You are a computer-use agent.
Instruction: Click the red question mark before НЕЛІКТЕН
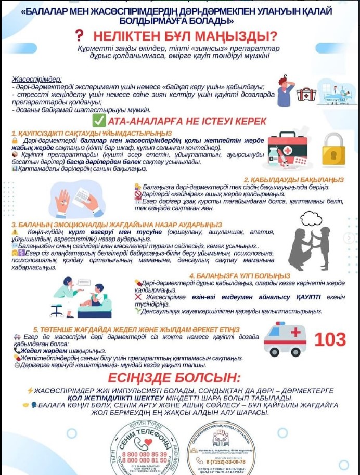click(79, 35)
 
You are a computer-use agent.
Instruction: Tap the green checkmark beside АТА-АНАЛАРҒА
click(98, 121)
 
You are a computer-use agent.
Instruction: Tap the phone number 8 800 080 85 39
click(145, 439)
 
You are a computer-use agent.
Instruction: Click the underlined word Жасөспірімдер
click(36, 80)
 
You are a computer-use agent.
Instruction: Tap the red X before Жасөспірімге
click(138, 296)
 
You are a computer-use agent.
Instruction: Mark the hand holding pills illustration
click(63, 200)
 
